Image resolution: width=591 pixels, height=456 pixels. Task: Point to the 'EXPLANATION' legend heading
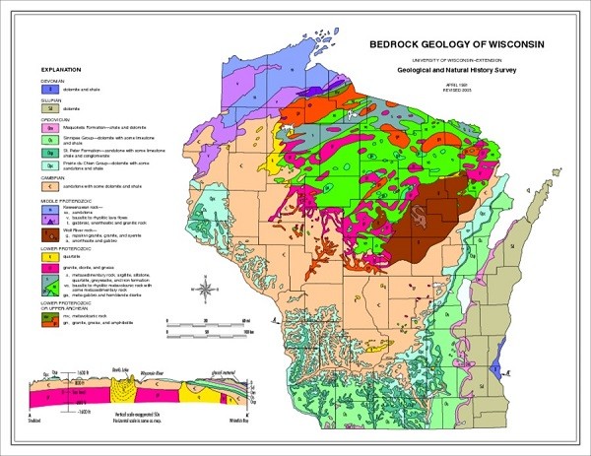(61, 71)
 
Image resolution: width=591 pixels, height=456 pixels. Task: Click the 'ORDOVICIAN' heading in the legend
(58, 118)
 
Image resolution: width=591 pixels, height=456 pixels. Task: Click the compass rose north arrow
(205, 291)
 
